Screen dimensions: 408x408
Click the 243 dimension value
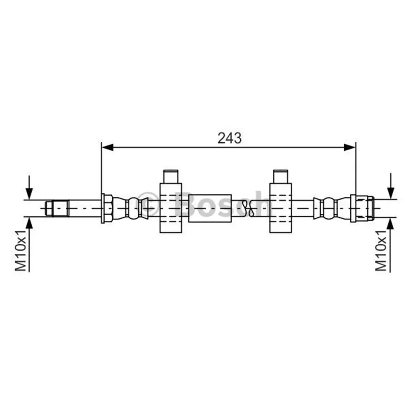[229, 138]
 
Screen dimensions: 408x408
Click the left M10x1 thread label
[20, 250]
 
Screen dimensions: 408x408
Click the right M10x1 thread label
[381, 250]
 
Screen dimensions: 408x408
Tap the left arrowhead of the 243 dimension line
[108, 147]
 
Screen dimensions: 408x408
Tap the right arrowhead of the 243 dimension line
[349, 147]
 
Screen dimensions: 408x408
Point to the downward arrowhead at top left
[29, 194]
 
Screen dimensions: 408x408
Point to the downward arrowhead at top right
[390, 193]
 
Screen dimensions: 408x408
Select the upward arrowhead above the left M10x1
[29, 223]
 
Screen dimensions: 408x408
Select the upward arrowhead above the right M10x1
[390, 223]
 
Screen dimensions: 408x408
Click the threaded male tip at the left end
[57, 208]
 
